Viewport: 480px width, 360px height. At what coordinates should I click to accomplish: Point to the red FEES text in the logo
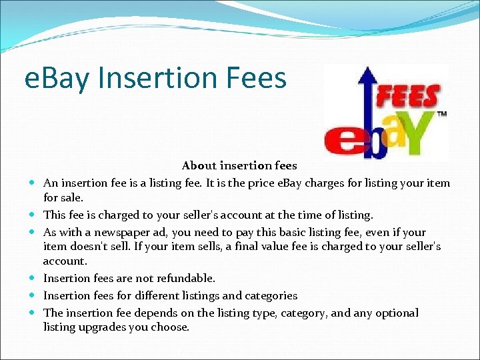pos(409,97)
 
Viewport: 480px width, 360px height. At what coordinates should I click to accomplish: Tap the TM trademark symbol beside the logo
pos(441,114)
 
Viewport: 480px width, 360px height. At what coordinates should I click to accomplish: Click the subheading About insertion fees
pos(239,165)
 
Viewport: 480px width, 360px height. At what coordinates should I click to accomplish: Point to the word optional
pos(397,313)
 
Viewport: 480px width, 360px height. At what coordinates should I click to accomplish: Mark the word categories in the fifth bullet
pos(269,295)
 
